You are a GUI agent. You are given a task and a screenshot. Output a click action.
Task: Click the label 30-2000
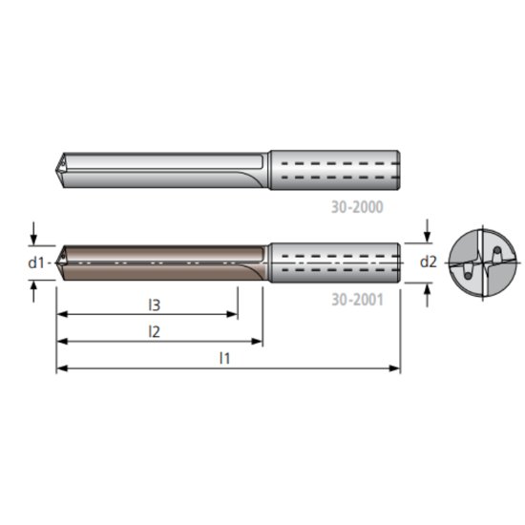pos(358,205)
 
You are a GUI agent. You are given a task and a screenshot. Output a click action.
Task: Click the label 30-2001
pos(358,299)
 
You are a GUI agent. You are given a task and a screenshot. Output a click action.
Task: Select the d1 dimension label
pos(36,262)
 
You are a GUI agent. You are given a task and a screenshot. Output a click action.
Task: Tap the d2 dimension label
pos(428,261)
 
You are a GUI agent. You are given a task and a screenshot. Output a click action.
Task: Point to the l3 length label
pos(154,304)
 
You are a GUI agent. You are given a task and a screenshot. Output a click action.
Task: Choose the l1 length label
pos(225,358)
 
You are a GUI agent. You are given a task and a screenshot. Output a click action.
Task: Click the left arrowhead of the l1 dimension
pos(60,368)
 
